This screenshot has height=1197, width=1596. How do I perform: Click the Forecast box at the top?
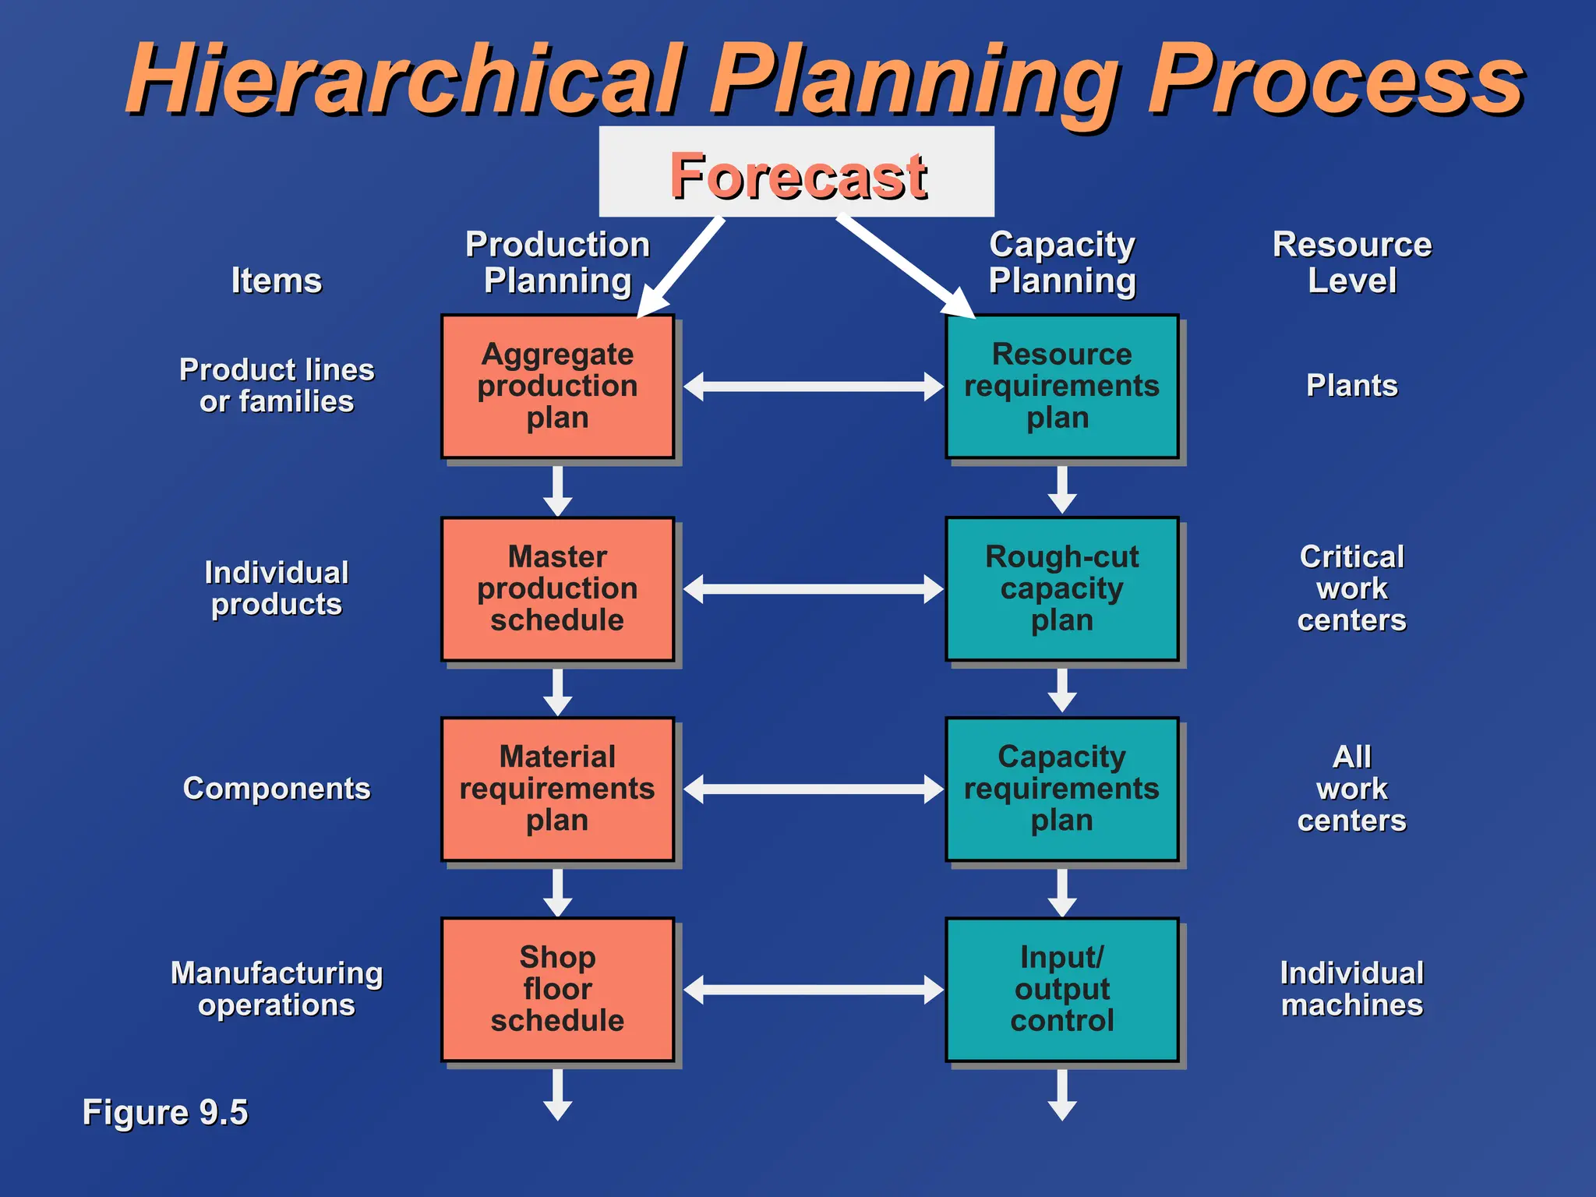[796, 172]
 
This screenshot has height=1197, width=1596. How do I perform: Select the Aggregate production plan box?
[557, 387]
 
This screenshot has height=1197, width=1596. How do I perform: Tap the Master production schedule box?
[557, 589]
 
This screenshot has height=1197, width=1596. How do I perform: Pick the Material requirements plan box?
[557, 789]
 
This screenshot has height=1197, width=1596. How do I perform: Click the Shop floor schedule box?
[557, 989]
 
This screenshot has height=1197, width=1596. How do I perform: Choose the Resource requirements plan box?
[1061, 387]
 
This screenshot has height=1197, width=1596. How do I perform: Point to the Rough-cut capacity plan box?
[1061, 589]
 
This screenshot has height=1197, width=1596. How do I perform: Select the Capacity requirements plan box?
[1061, 789]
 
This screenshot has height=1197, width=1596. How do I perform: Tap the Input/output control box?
[1061, 989]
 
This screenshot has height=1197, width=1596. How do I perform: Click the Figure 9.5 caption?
[165, 1112]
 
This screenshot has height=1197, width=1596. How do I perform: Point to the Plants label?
[1351, 386]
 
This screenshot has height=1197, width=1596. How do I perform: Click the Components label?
[277, 789]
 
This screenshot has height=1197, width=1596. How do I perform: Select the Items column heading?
[277, 281]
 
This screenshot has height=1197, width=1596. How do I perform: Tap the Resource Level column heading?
[1351, 263]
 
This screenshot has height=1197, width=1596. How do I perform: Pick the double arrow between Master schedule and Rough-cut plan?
[814, 589]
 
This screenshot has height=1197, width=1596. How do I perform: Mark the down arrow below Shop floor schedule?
[557, 1095]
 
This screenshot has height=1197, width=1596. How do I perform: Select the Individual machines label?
[1351, 989]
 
